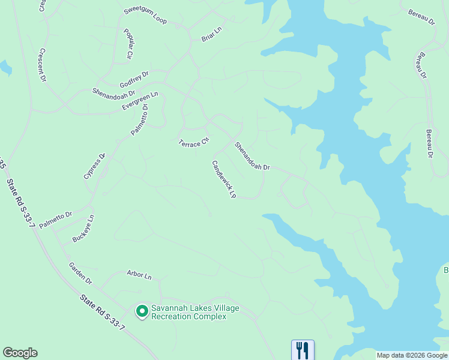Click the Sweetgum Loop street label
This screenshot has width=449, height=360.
tap(145, 16)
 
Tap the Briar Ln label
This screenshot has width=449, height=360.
tap(211, 37)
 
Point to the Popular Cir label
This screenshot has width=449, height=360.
tap(128, 44)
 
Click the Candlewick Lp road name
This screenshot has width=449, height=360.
tap(224, 179)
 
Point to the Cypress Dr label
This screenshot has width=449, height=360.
tap(94, 166)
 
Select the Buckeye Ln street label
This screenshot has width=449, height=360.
tap(83, 229)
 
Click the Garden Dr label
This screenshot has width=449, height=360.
tap(80, 273)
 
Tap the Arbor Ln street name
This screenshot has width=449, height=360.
tap(139, 275)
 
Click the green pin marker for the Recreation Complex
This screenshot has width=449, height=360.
tap(142, 311)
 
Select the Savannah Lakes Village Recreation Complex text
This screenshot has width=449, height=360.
tap(194, 312)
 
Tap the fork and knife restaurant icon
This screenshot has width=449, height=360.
tap(303, 350)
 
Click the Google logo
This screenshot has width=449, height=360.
tap(20, 353)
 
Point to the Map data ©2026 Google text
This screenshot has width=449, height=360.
tap(412, 355)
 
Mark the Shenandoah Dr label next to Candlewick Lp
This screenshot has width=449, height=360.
tap(252, 156)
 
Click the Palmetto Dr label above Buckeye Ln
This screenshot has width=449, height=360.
tap(56, 219)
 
